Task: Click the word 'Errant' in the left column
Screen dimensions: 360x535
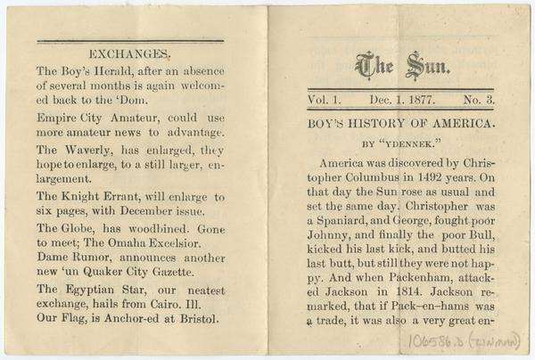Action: pyautogui.click(x=136, y=196)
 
